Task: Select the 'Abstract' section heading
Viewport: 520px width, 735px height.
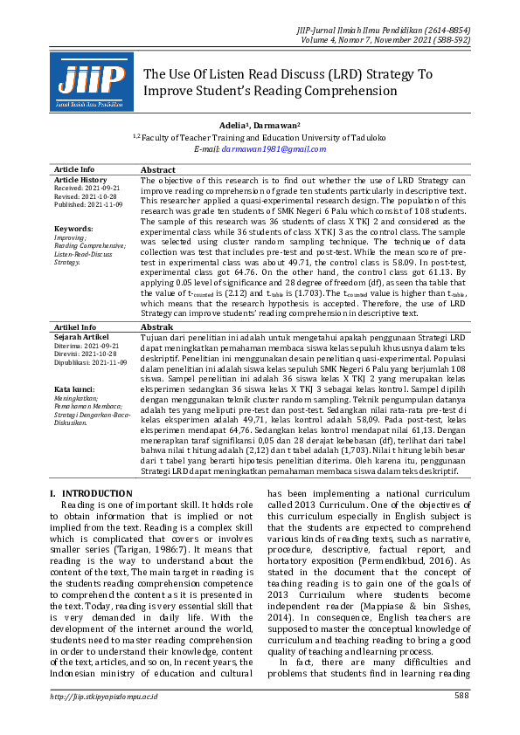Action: pos(158,170)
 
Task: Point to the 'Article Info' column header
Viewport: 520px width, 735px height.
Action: pos(74,169)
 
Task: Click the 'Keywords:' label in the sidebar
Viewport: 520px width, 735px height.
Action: pos(73,229)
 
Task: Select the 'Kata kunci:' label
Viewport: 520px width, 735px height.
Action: pos(74,388)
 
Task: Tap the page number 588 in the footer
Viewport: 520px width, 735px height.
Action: pos(461,695)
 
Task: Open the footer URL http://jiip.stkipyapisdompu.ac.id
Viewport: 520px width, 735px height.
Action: pos(104,696)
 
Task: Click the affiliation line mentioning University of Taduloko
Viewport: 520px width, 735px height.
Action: pos(260,138)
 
